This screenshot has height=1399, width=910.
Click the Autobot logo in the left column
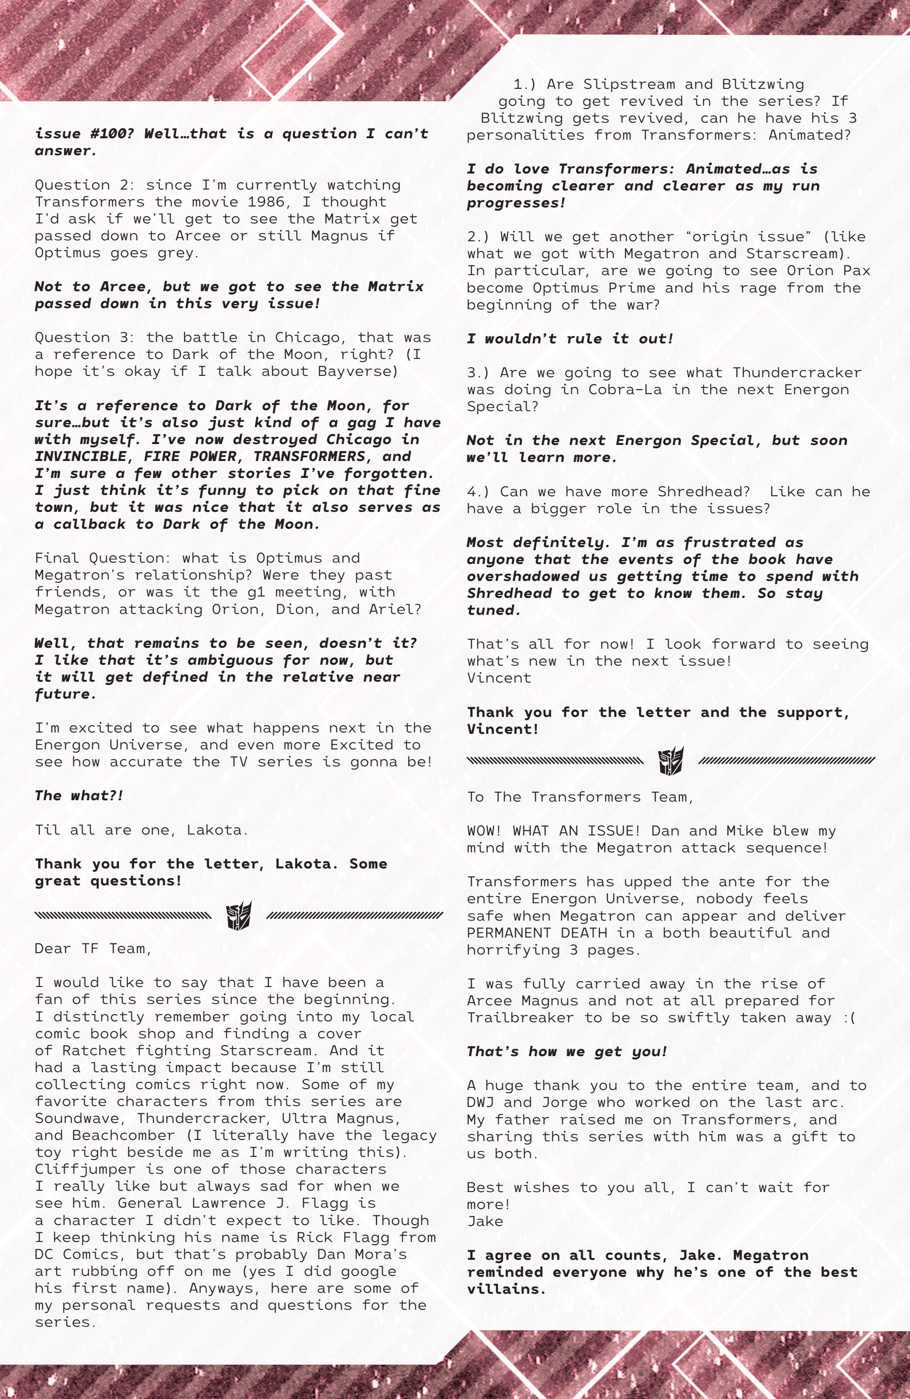[x=238, y=915]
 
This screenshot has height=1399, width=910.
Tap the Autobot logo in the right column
[x=671, y=761]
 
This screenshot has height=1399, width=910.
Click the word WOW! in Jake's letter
[x=484, y=831]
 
